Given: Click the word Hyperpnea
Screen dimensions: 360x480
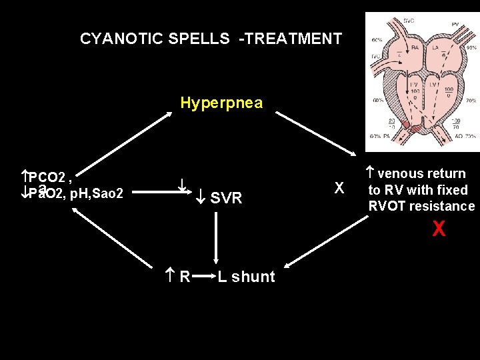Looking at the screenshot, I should [x=221, y=103].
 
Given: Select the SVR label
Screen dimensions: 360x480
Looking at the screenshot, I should [x=226, y=198].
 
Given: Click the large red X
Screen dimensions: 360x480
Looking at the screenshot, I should [x=438, y=229].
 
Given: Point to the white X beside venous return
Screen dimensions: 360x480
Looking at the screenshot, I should [x=339, y=189].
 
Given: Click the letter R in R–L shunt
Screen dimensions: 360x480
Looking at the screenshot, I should [x=185, y=277].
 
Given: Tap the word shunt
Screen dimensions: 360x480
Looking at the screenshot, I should [x=252, y=277].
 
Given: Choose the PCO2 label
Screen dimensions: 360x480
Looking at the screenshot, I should [x=47, y=177].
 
